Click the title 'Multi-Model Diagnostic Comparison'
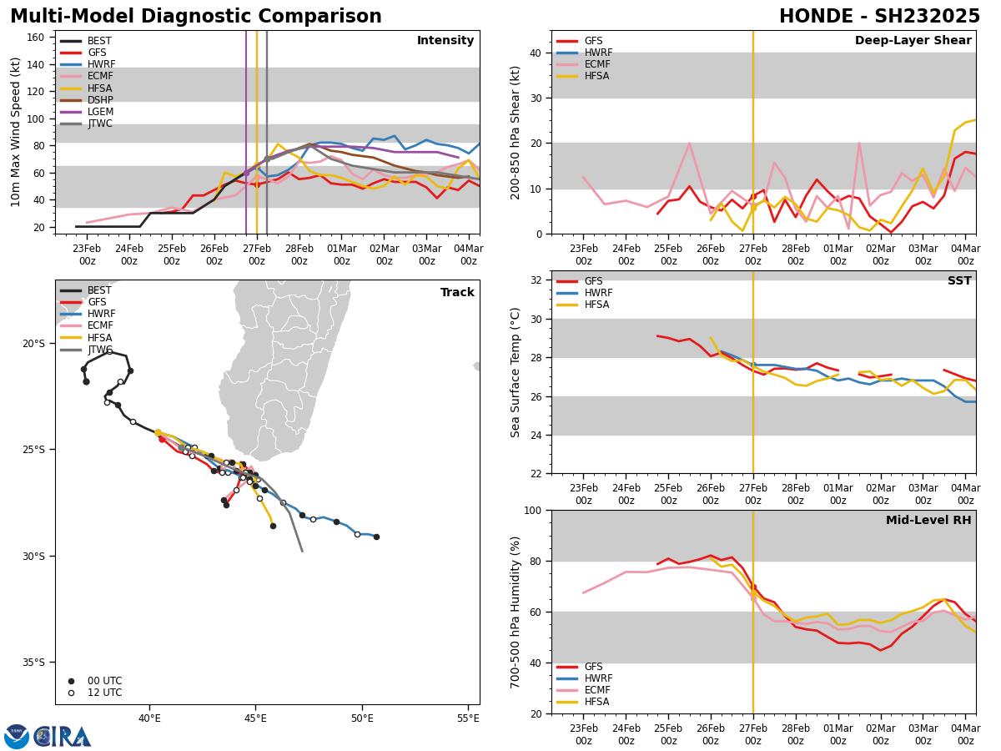pos(196,17)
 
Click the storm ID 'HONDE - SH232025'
pos(879,17)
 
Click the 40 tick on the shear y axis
pos(536,53)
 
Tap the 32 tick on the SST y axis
pos(536,280)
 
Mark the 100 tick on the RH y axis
pos(533,510)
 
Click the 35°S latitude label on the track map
pos(33,663)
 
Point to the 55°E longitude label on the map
pos(468,718)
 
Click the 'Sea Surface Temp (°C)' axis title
pos(516,372)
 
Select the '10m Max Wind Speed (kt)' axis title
pos(16,132)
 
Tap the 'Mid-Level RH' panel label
pos(928,521)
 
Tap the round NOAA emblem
pos(17,736)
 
